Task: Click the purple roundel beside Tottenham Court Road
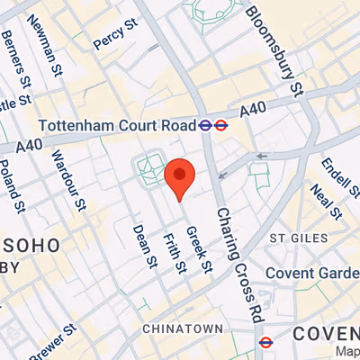click(207, 126)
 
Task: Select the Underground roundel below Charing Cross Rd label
click(265, 341)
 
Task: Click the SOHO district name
click(34, 244)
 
